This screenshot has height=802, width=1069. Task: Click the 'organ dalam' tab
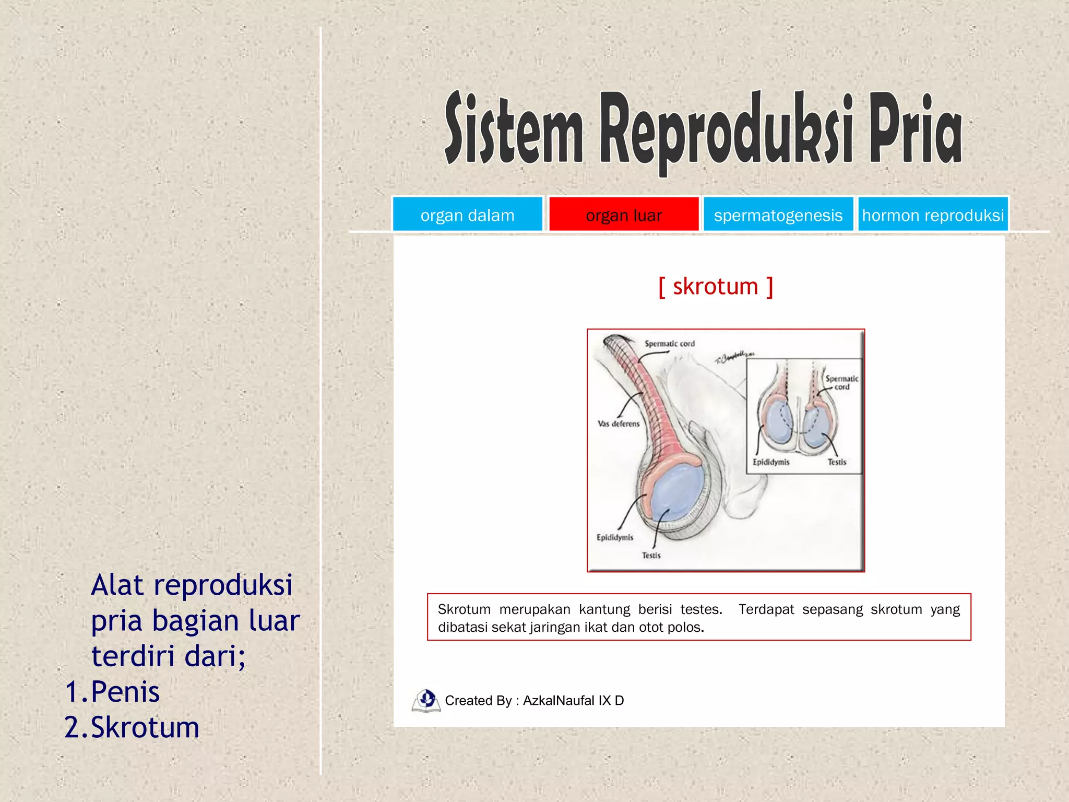tap(467, 215)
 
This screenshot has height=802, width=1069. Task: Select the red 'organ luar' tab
tap(623, 215)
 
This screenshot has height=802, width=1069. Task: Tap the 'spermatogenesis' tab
tap(778, 215)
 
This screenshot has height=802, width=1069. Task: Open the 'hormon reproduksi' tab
tap(933, 215)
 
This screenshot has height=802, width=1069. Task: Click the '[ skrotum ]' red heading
tap(715, 287)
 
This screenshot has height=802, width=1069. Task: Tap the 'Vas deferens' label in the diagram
tap(619, 423)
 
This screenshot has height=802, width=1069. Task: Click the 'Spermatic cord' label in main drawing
tap(670, 344)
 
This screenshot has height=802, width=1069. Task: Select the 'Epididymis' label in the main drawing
tap(615, 537)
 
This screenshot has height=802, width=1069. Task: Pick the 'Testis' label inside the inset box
tap(837, 462)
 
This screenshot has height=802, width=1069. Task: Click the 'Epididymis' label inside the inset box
tap(771, 462)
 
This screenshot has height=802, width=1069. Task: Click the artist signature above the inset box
tap(734, 357)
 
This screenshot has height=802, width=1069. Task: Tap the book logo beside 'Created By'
tap(426, 701)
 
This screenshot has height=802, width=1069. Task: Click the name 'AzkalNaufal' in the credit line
tap(558, 701)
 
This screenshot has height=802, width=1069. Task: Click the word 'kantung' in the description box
tap(604, 609)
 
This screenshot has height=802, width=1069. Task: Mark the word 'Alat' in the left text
tap(117, 585)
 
